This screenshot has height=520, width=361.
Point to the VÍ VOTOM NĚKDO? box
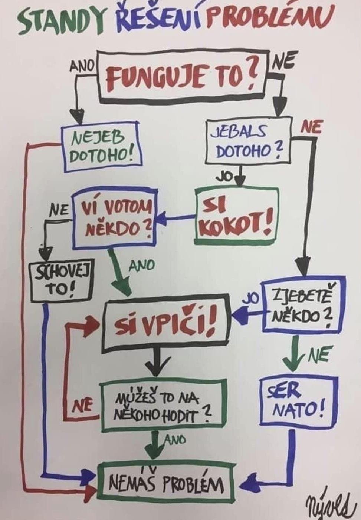pyautogui.click(x=116, y=219)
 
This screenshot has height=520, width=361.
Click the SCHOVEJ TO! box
pyautogui.click(x=62, y=281)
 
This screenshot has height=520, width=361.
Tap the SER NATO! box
pyautogui.click(x=299, y=400)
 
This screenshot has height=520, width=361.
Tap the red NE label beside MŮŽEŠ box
pyautogui.click(x=82, y=407)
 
